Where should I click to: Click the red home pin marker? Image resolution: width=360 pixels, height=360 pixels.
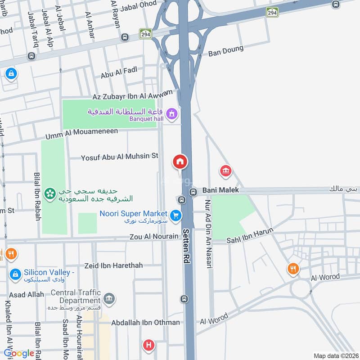180,162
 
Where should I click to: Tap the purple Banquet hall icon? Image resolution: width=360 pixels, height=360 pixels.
171,114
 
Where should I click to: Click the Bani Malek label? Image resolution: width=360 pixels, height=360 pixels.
220,190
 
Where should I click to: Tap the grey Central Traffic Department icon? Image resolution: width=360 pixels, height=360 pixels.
109,298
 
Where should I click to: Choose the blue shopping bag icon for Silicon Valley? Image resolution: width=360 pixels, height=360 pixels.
15,274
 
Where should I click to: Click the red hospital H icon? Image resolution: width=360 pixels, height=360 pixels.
148,346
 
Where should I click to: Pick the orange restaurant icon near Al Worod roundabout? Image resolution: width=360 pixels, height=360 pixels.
293,269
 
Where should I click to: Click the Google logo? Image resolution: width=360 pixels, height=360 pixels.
19,354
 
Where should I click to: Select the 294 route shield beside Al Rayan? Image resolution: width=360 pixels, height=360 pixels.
145,34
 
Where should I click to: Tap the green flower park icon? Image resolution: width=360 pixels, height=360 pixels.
50,194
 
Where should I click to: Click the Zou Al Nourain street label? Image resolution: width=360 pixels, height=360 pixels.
153,237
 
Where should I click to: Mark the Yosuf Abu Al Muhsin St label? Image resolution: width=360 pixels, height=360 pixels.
120,157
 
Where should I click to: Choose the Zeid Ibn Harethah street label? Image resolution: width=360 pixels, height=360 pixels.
114,265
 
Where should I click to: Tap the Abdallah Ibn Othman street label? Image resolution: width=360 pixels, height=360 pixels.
139,322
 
